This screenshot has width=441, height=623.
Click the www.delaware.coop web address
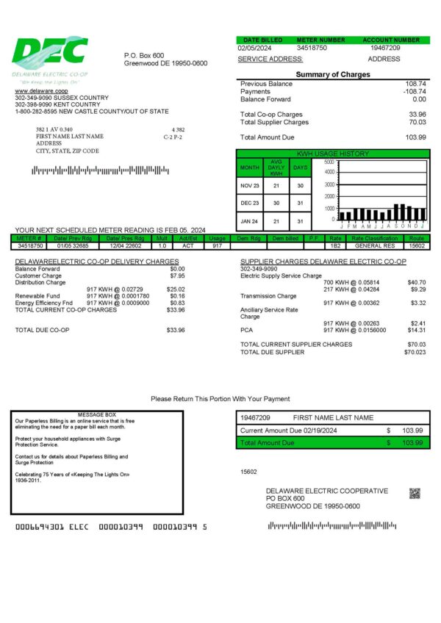tap(35, 91)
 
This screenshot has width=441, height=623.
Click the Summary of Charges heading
tap(333, 74)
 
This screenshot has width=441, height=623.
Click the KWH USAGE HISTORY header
tap(332, 154)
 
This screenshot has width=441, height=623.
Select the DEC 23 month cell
tap(250, 203)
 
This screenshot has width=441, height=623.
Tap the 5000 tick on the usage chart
tap(329, 162)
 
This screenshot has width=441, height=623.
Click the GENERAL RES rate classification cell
tap(375, 245)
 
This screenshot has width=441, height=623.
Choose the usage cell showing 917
tap(217, 245)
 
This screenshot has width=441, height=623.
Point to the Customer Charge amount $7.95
tap(177, 276)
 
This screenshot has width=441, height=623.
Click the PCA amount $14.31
tap(417, 330)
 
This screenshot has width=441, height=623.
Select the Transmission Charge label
tap(269, 296)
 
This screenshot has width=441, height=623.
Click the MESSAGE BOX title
tap(96, 415)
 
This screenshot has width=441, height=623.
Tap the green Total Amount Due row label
tap(268, 443)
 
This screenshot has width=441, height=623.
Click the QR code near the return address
tap(415, 493)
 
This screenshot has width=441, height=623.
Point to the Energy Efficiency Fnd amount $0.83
tap(177, 303)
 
